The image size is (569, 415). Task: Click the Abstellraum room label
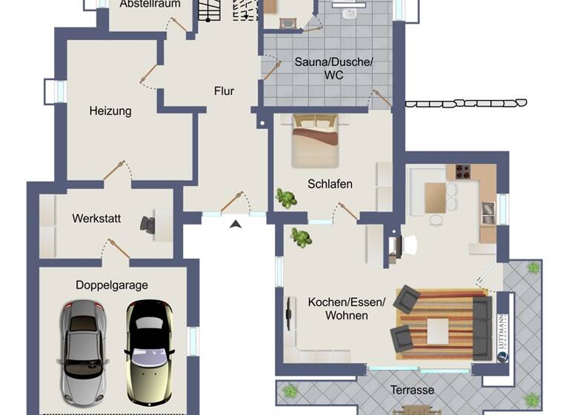click(144, 4)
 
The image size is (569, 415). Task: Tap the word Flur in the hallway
click(224, 91)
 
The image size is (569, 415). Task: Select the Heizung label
click(110, 111)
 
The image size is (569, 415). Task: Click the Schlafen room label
click(330, 184)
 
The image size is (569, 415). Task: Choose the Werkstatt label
click(96, 219)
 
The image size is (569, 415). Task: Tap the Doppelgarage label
click(112, 285)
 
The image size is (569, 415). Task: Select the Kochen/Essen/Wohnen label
click(347, 308)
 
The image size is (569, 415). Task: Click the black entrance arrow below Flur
click(236, 224)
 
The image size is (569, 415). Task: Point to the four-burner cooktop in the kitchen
click(464, 172)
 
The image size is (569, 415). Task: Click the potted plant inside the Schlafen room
click(284, 197)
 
